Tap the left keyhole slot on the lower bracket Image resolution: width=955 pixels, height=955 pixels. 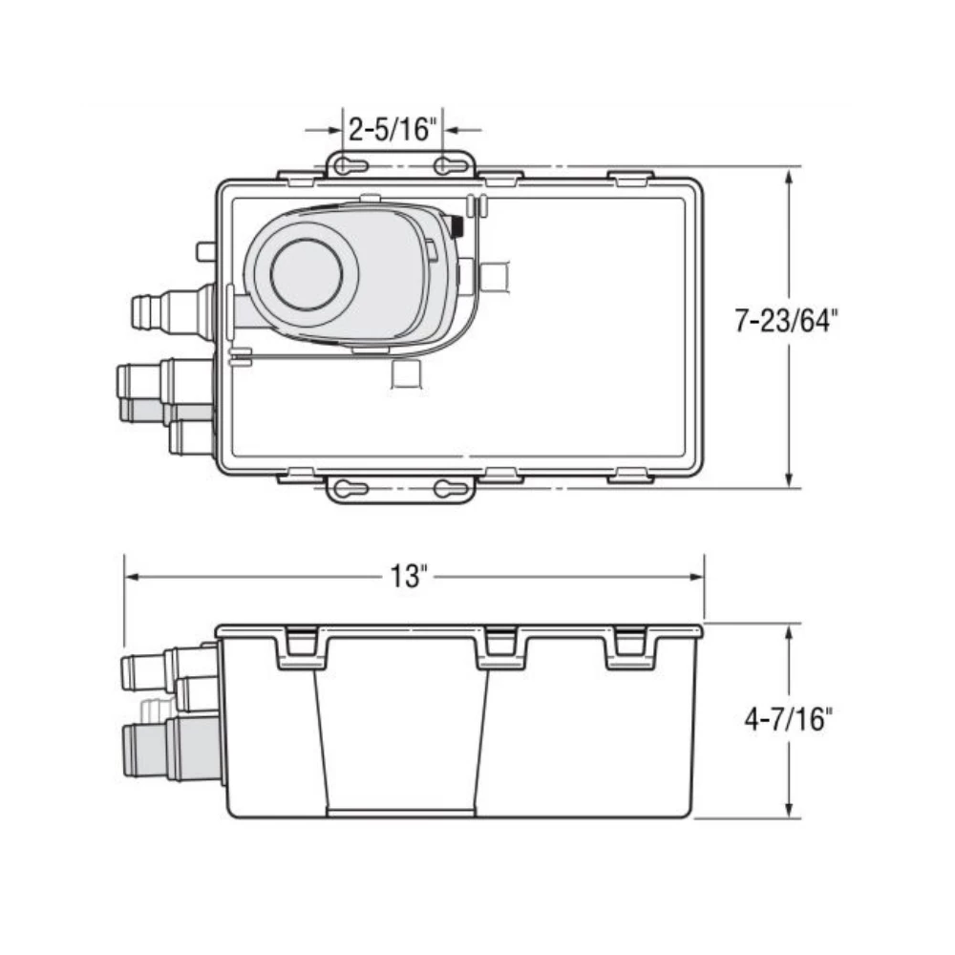351,489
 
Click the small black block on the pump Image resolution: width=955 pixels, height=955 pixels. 456,226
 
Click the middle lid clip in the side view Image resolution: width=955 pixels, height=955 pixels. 500,644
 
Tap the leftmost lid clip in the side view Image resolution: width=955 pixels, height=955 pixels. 302,644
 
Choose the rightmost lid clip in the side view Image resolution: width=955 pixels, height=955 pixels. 630,644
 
